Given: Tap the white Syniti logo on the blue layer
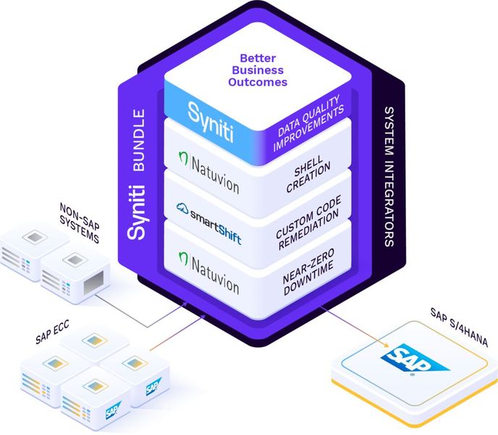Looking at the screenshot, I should (208, 113).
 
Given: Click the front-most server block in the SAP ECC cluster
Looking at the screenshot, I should (97, 399).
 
